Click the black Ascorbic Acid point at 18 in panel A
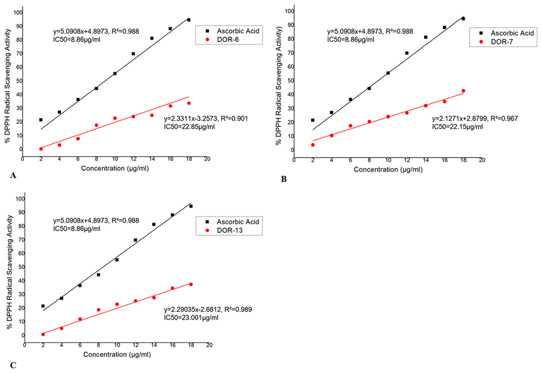click(189, 20)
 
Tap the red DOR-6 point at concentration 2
click(41, 149)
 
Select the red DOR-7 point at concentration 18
click(463, 91)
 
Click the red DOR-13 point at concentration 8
click(98, 310)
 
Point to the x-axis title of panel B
click(388, 169)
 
